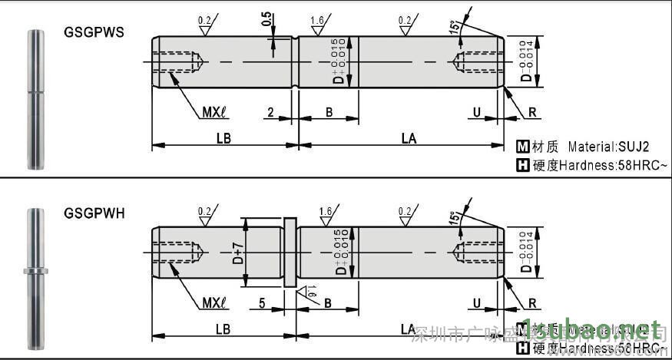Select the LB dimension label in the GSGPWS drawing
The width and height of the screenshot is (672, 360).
223,138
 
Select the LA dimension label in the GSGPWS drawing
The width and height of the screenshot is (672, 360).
409,138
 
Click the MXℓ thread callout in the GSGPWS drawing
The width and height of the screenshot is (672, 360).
216,112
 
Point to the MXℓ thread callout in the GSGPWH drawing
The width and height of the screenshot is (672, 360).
216,303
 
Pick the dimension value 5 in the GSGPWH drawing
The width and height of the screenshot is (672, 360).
262,303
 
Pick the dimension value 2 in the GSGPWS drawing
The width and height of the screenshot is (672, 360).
270,112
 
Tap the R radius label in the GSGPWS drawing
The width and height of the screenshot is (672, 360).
532,112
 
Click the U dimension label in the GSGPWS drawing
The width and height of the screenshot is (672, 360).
477,112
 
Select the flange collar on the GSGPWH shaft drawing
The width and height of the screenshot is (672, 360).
290,253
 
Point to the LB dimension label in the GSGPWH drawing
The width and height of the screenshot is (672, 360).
223,329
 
